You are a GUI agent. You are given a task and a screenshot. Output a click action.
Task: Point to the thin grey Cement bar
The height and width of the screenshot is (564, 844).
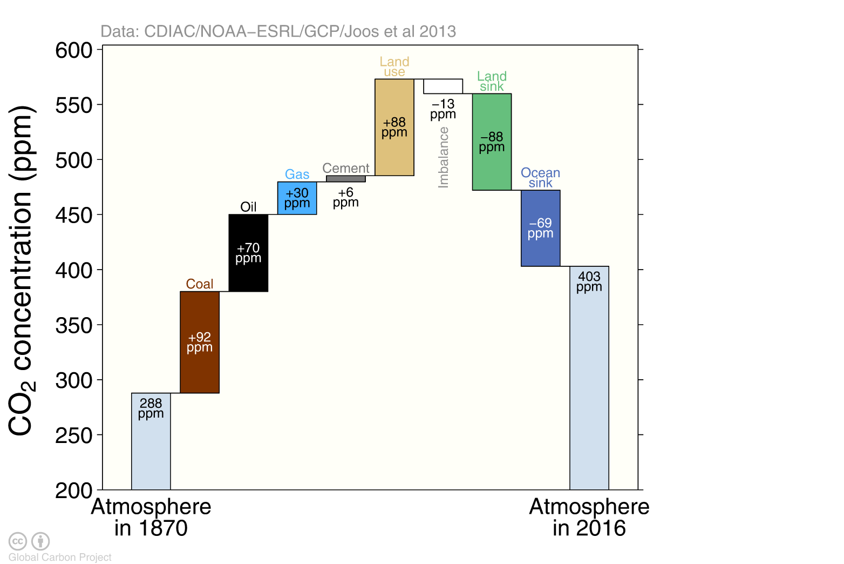[346, 179]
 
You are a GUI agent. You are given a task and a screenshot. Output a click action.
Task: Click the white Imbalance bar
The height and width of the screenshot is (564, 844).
[443, 86]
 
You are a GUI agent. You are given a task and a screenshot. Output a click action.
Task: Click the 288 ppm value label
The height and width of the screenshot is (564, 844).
[151, 408]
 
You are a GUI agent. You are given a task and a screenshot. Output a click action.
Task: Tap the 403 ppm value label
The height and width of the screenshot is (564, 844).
[589, 281]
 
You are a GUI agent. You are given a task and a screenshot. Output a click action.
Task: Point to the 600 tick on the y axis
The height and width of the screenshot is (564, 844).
[74, 50]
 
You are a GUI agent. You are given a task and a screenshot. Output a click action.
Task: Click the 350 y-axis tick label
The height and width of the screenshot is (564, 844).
[74, 326]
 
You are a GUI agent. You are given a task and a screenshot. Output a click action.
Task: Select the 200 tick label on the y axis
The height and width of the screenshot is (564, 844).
[74, 491]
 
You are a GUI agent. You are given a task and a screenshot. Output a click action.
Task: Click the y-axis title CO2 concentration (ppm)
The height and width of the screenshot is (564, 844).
[22, 270]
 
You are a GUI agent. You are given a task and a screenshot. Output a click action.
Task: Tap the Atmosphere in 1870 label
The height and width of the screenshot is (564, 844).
[151, 518]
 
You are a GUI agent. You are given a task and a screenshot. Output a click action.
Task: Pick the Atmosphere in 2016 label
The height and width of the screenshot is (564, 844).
[589, 518]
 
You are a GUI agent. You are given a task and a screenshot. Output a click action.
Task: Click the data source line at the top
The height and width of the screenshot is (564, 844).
[278, 32]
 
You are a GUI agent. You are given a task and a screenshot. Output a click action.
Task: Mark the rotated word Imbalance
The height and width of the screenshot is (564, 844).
[444, 157]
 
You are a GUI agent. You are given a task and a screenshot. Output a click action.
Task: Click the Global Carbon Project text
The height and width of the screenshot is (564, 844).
[60, 558]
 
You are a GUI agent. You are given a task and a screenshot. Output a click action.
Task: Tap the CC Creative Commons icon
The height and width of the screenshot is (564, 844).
[17, 541]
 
